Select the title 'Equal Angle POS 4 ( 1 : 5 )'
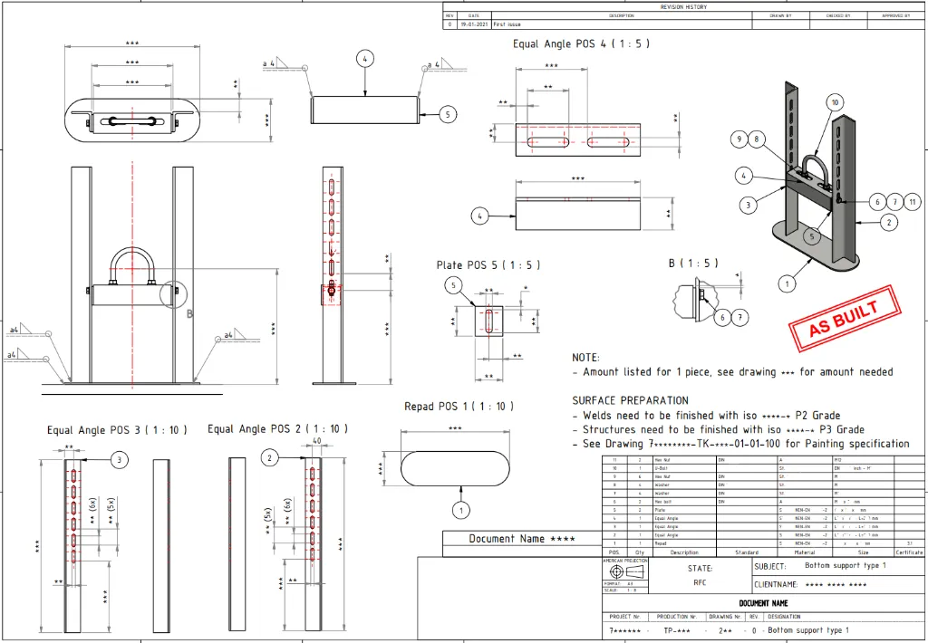tap(581, 43)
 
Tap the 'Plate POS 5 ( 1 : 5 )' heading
tap(488, 265)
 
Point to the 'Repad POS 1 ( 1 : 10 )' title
tap(459, 407)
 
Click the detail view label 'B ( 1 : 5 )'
tap(693, 264)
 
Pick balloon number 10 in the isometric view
tap(835, 103)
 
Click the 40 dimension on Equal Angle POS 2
tap(317, 442)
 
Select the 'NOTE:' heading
tap(585, 358)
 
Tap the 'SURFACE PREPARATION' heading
tap(630, 400)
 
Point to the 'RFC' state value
tap(700, 583)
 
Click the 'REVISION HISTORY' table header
tap(683, 7)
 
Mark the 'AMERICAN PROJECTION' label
tap(625, 561)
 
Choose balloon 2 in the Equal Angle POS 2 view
tap(270, 459)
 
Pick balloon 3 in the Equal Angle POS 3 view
tap(119, 461)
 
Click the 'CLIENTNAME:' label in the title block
tap(777, 585)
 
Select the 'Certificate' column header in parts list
tap(909, 552)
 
